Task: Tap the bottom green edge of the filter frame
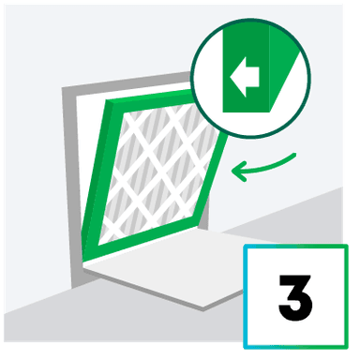(150, 240)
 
